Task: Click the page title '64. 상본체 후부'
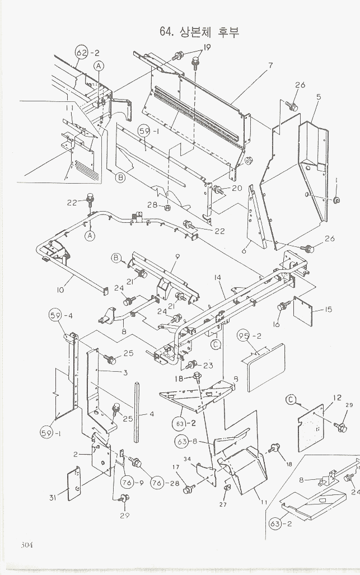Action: (199, 31)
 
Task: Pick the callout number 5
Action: (318, 97)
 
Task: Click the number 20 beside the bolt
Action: (237, 188)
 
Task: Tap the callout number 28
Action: (153, 205)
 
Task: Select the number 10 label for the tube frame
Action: (60, 289)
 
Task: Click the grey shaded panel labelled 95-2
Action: (265, 367)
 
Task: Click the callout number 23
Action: (208, 366)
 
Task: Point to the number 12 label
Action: (337, 398)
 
